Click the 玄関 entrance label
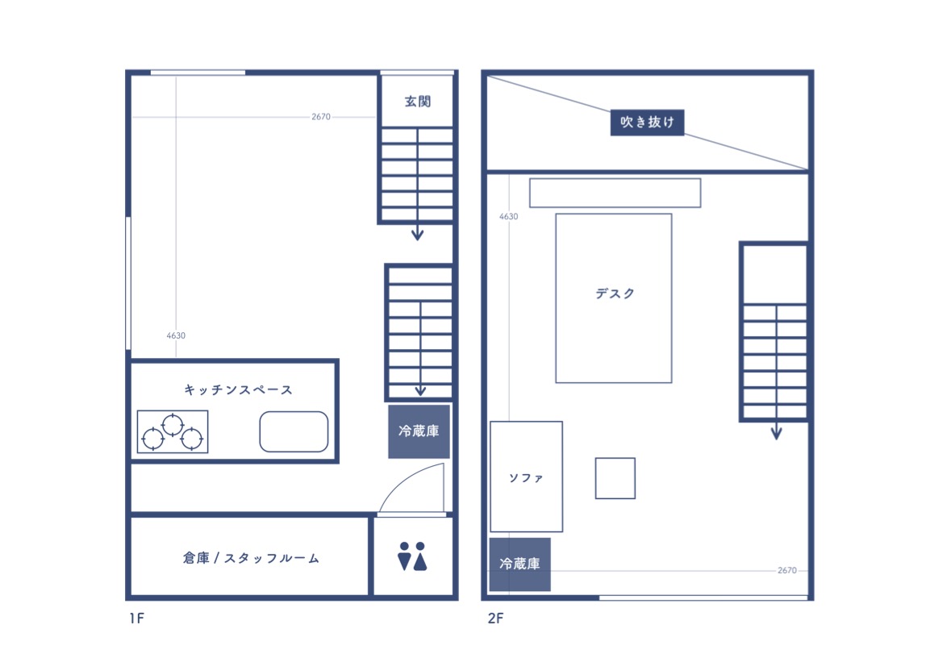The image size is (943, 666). pos(417,101)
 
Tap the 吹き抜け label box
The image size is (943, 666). pos(647,122)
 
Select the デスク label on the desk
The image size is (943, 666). pos(615,293)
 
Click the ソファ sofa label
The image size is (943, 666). pos(526,478)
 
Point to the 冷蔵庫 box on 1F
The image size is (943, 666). pos(419,431)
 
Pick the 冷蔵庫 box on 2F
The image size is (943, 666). pos(519,564)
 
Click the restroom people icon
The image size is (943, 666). pos(412,556)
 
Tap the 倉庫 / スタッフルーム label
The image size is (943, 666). pos(251,559)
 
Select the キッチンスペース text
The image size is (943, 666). pos(238,390)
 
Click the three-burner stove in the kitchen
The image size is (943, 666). pos(173,431)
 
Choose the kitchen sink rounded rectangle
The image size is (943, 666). pos(294,431)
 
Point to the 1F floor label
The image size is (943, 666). pos(136,618)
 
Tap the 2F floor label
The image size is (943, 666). pos(495,618)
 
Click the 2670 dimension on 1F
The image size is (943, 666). pos(320,117)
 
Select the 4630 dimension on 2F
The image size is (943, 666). pos(508,216)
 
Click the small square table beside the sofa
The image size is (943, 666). pos(615,478)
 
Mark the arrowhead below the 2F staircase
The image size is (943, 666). pos(776,433)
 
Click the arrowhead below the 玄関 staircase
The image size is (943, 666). pos(417,235)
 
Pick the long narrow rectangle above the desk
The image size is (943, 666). pos(615,193)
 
